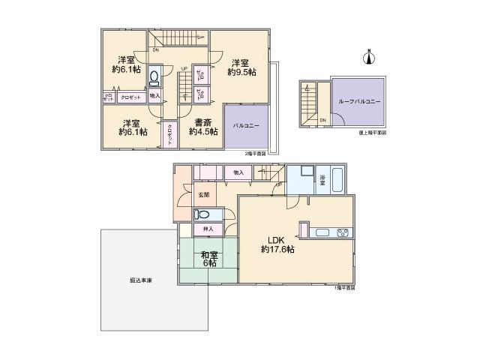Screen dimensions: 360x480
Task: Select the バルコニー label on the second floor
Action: click(246, 126)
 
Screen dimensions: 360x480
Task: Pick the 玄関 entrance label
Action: click(203, 195)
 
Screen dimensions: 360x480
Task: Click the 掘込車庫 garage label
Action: click(139, 280)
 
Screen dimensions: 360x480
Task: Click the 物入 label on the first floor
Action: click(238, 172)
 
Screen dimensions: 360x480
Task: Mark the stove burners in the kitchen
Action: click(343, 232)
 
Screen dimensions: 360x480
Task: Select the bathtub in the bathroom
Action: click(338, 181)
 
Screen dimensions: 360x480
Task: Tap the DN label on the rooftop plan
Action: click(322, 120)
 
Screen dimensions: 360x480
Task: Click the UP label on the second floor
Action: click(183, 68)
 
